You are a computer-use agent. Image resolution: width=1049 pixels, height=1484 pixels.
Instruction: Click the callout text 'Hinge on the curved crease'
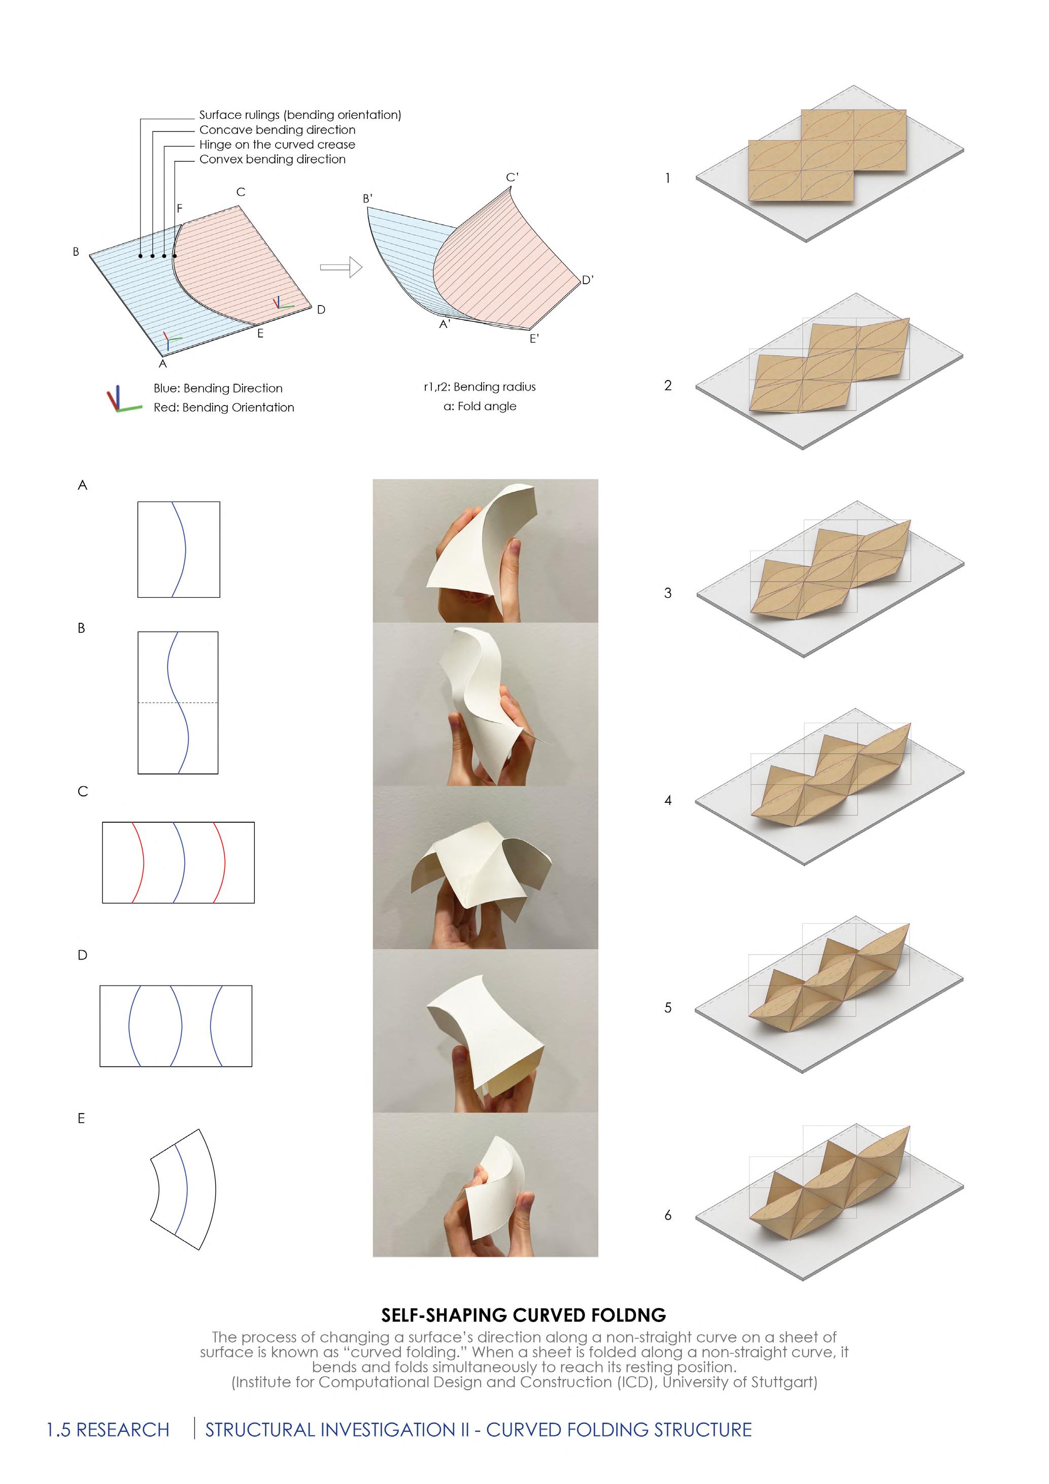[x=277, y=144]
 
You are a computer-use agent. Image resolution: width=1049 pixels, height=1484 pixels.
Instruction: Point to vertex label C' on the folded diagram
[x=512, y=177]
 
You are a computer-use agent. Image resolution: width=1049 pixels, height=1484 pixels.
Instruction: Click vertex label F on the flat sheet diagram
[x=180, y=208]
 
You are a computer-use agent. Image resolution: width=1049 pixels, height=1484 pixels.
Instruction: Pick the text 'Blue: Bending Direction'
[x=218, y=388]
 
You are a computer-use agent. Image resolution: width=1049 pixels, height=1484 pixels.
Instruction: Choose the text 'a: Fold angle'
[x=480, y=406]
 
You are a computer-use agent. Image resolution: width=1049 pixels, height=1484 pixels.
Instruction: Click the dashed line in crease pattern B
[x=155, y=702]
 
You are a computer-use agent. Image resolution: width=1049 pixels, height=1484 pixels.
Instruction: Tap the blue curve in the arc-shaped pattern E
[x=184, y=1189]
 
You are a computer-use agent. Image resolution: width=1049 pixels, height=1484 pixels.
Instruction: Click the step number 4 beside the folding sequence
[x=668, y=800]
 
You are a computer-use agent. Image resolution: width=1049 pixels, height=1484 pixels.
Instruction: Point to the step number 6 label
[x=668, y=1215]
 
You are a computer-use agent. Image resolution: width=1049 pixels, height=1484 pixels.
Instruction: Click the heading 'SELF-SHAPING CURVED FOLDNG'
[x=524, y=1314]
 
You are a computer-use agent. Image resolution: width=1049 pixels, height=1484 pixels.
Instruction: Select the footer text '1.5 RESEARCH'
[x=108, y=1429]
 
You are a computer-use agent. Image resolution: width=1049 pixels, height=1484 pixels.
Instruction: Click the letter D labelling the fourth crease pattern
[x=82, y=955]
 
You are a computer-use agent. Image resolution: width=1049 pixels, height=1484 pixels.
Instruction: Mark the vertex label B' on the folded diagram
[x=368, y=198]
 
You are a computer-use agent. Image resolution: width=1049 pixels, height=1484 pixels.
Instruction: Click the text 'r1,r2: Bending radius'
[x=480, y=387]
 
